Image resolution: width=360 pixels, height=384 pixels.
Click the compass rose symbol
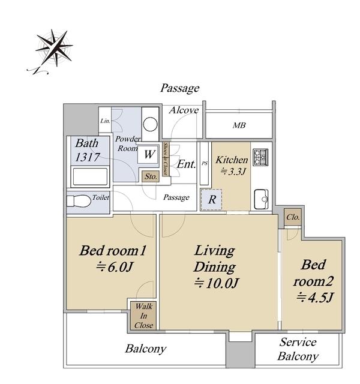[55, 48]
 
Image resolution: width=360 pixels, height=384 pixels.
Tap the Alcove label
[184, 110]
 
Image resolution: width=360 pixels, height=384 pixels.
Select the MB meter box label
[239, 125]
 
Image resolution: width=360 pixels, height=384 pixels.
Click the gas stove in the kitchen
[261, 157]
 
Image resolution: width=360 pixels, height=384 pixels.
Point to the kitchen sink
[261, 199]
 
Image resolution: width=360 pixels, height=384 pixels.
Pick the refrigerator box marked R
[211, 200]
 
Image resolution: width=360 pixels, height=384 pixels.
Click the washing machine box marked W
[149, 155]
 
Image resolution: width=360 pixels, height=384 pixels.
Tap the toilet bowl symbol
[79, 201]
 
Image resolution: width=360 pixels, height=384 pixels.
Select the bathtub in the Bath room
[90, 176]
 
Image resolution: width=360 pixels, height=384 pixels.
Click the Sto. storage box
[151, 176]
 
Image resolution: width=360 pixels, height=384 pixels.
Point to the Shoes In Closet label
[166, 158]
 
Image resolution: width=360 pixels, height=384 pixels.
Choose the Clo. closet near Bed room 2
[293, 217]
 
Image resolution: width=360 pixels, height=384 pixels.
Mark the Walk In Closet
[143, 316]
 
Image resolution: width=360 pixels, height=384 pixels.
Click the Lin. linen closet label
[106, 121]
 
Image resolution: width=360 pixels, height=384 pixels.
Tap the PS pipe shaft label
[205, 163]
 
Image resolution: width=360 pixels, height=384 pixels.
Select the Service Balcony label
[298, 349]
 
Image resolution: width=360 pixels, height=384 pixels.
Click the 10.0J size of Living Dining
[216, 284]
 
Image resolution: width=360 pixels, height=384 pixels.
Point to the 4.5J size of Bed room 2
[314, 298]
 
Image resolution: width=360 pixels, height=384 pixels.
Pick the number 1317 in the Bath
[88, 157]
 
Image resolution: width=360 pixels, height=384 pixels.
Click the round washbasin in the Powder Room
[150, 124]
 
